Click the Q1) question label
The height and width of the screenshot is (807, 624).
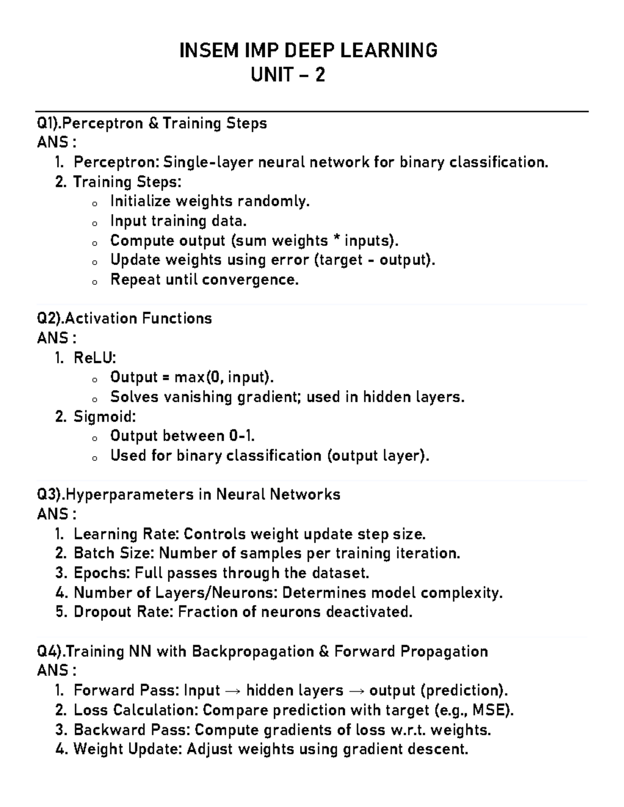click(50, 124)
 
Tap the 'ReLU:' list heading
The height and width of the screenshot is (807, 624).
click(95, 358)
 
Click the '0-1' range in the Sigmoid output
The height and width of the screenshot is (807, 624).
click(240, 436)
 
